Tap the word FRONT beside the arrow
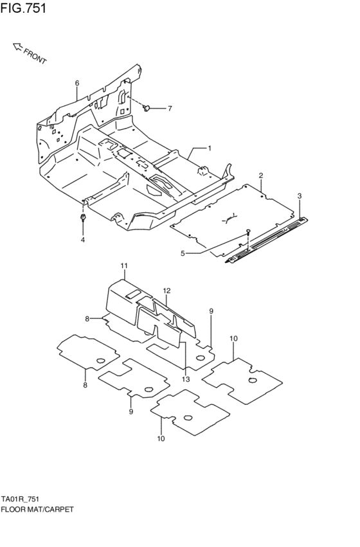point(35,57)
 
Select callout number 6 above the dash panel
point(76,83)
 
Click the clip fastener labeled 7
point(146,107)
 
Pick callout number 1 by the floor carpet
point(209,148)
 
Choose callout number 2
point(261,175)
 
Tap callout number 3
point(300,195)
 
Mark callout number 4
point(82,240)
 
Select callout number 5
point(183,253)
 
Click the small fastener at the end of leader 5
point(248,232)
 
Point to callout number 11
point(123,265)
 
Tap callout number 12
point(166,291)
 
